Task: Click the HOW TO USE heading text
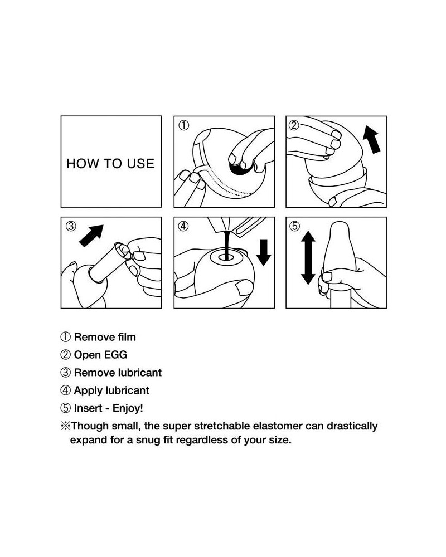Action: pyautogui.click(x=110, y=163)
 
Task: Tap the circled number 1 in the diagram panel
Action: pyautogui.click(x=183, y=125)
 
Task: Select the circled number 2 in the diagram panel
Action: pyautogui.click(x=294, y=125)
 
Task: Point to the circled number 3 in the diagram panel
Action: pyautogui.click(x=71, y=226)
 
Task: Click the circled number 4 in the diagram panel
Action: pyautogui.click(x=183, y=226)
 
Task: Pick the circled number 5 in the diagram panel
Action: pyautogui.click(x=294, y=226)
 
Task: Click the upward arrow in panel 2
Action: pyautogui.click(x=371, y=141)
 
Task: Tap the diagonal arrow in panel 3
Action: pyautogui.click(x=91, y=236)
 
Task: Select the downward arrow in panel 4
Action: pyautogui.click(x=264, y=252)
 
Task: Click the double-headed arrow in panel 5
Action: pyautogui.click(x=308, y=257)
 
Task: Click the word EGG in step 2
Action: pyautogui.click(x=115, y=355)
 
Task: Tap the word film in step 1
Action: pyautogui.click(x=127, y=337)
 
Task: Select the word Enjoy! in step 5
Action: pyautogui.click(x=128, y=408)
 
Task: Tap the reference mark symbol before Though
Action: pyautogui.click(x=65, y=426)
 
